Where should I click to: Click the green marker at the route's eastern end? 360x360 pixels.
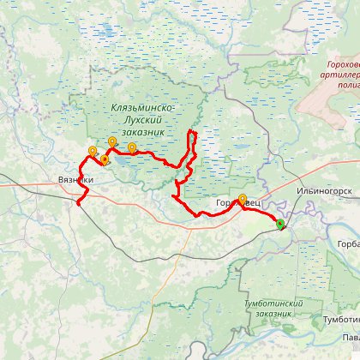279,225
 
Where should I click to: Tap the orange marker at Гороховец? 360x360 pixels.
242,200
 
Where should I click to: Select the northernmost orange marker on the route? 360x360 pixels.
111,142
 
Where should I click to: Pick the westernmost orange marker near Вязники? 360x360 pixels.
93,152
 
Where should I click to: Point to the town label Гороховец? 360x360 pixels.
231,202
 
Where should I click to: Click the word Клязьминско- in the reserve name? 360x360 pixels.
143,108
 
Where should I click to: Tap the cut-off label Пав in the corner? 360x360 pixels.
350,337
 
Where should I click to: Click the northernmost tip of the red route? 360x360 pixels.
192,130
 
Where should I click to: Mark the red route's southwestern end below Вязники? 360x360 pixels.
78,203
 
